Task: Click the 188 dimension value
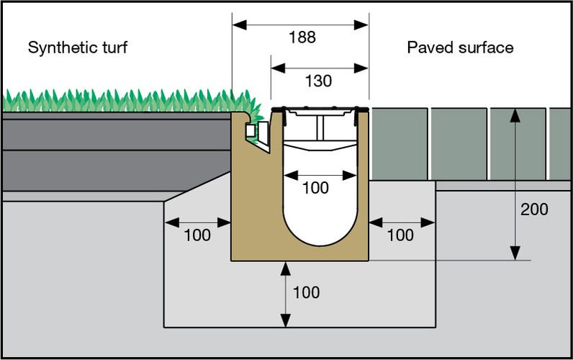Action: tap(302, 37)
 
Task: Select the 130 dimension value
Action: tap(318, 81)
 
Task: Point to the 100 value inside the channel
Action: tap(315, 189)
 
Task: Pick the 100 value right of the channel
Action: tap(401, 235)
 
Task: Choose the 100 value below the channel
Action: tap(306, 293)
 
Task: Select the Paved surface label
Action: tap(460, 48)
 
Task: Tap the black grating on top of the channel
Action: tap(320, 109)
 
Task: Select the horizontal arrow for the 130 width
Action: tap(319, 68)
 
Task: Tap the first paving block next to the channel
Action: tap(399, 144)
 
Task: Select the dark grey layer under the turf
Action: tap(108, 151)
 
